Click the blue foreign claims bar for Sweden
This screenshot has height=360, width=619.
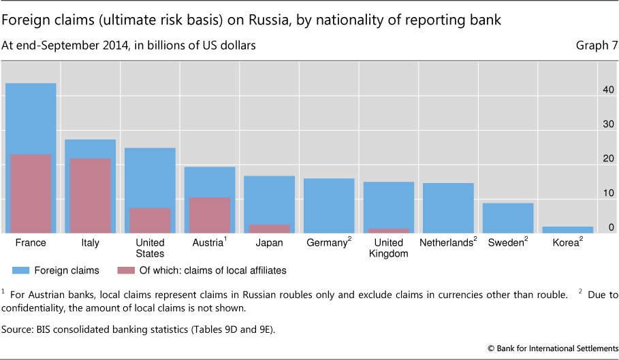click(x=507, y=218)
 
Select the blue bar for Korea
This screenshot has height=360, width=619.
click(x=567, y=230)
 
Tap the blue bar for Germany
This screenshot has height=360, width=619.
click(x=328, y=206)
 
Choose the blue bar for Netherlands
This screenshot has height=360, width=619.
click(x=447, y=208)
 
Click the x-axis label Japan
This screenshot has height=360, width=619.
click(x=268, y=243)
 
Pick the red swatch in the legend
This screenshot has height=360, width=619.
click(x=127, y=270)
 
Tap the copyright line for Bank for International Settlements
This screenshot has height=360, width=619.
click(x=552, y=348)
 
